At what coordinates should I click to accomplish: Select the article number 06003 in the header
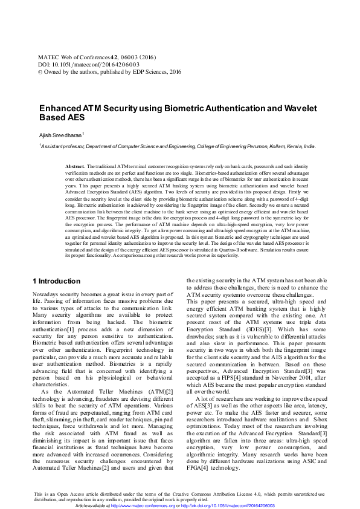click(x=126, y=55)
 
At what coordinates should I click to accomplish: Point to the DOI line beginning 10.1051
click(x=88, y=63)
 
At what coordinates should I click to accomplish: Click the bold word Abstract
click(x=75, y=166)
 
